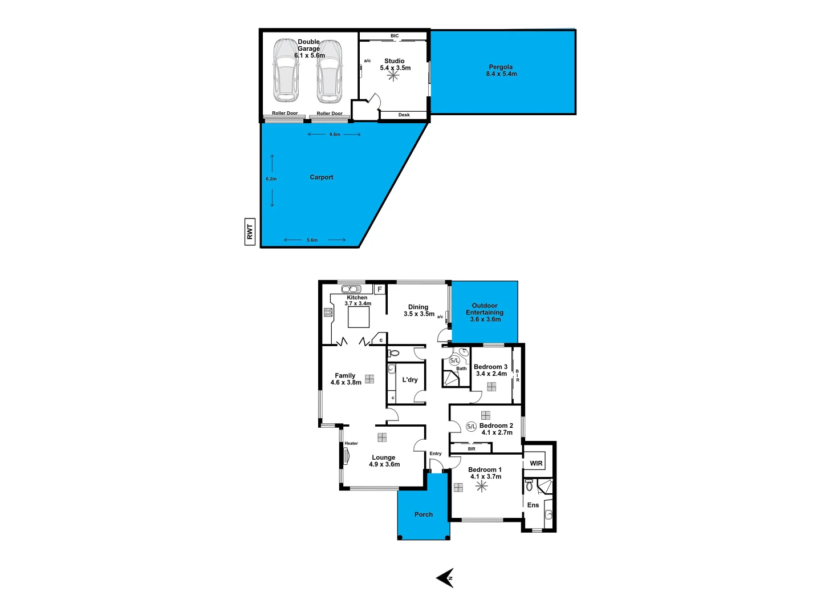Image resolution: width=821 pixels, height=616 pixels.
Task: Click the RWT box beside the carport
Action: click(250, 232)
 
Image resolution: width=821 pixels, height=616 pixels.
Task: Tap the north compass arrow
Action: click(445, 578)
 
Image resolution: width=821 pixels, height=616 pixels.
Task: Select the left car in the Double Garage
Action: click(286, 70)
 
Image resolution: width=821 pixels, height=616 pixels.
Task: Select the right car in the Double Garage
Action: click(330, 70)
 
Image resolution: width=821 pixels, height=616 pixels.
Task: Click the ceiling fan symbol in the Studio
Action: click(393, 75)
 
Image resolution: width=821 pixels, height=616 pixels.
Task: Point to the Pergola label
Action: click(501, 67)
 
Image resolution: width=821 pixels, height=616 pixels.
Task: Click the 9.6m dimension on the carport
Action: click(335, 135)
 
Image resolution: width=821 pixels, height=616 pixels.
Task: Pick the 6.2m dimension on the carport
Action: click(271, 179)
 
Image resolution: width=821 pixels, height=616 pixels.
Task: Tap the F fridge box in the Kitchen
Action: click(380, 290)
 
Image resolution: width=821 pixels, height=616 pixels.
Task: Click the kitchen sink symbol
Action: click(351, 289)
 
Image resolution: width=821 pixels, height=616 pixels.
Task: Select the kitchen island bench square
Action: click(359, 317)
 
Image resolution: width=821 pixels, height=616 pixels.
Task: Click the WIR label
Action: click(536, 463)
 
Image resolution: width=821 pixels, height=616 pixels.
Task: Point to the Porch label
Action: click(424, 514)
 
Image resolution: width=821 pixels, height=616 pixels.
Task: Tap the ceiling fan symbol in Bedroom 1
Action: click(482, 487)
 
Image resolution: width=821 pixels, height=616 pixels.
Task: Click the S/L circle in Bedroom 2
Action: click(472, 427)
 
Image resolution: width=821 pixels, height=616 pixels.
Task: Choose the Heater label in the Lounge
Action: click(351, 443)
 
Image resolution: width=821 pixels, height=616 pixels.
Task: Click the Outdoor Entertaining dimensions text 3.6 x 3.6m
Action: click(485, 319)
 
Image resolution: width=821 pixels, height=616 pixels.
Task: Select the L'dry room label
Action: click(410, 380)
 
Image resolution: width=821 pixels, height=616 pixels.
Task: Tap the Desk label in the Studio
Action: click(404, 115)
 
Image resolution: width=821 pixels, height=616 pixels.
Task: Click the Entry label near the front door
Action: click(436, 453)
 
